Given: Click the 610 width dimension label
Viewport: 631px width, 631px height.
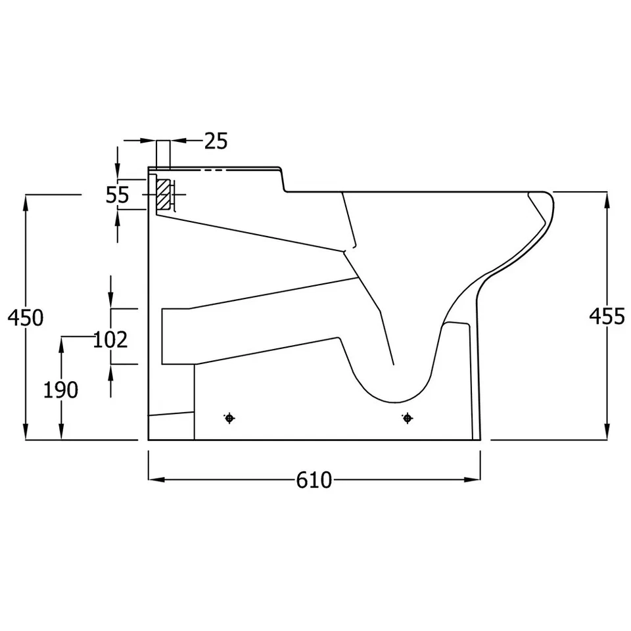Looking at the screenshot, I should point(314,480).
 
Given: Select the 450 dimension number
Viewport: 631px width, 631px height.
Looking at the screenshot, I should point(25,317).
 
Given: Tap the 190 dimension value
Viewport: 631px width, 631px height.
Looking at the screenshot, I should point(60,390).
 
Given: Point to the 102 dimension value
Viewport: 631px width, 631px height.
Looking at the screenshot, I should point(110,340).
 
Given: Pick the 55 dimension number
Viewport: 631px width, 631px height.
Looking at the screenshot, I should point(118,195).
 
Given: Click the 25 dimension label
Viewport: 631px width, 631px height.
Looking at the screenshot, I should point(216,141).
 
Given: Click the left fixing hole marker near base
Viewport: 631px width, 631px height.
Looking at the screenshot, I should point(229,418).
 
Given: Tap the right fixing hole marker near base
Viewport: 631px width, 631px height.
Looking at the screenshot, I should point(408,418).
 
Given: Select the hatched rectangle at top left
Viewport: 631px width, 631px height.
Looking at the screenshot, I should point(162,195).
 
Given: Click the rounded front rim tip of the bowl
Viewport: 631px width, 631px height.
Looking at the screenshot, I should point(551,197).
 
